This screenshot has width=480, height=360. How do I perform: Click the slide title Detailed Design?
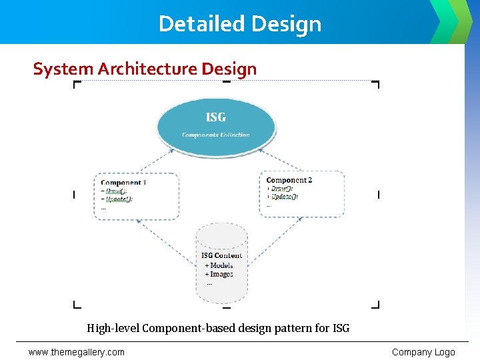(240, 24)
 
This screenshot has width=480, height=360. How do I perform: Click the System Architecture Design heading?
(145, 69)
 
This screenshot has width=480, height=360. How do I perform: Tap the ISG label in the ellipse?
(215, 117)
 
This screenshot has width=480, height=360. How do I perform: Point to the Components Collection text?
(215, 135)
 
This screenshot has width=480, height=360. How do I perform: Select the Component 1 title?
(123, 182)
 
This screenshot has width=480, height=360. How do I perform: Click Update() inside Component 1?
(119, 199)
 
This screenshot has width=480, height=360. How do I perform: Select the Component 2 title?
(289, 180)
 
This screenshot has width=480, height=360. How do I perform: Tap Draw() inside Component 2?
(281, 189)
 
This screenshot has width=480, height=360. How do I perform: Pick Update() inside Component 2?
(284, 197)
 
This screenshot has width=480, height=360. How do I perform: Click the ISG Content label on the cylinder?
(221, 255)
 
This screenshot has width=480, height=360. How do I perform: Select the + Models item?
(219, 265)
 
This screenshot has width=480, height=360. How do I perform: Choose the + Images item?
(219, 274)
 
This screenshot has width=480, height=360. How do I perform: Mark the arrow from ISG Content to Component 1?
(167, 239)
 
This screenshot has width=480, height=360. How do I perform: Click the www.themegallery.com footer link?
(76, 352)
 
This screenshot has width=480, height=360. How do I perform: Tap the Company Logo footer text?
(423, 352)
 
